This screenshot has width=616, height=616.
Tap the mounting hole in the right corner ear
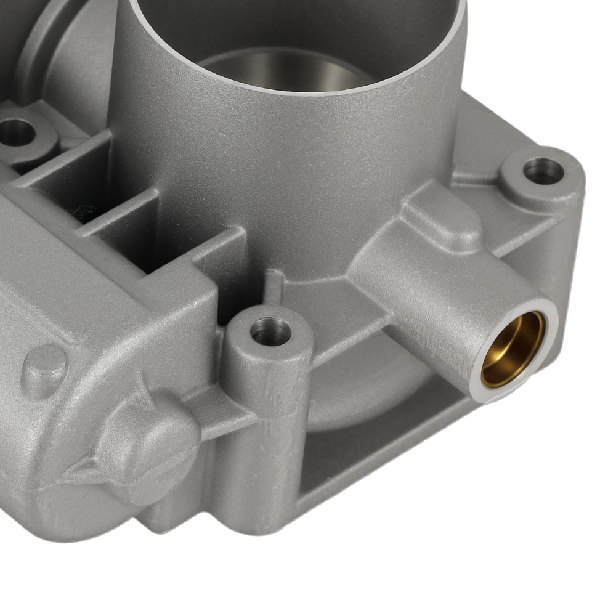click(543, 170)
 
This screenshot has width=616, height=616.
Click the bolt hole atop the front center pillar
click(270, 332)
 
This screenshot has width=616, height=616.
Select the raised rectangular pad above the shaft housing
click(440, 216)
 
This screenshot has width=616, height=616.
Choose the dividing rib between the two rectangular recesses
click(120, 213)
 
